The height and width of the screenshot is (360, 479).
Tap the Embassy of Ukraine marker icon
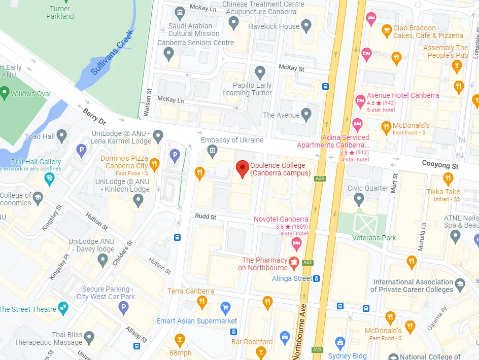tap(213, 150)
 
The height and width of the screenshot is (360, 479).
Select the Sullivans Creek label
tap(112, 53)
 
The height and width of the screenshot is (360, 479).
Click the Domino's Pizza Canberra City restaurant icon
tap(155, 163)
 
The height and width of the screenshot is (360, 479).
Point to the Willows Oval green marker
tap(5, 93)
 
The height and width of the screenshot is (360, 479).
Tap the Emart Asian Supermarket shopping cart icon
tap(226, 307)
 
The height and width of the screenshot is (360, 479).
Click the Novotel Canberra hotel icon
tap(296, 244)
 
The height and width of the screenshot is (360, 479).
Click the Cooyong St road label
tap(440, 166)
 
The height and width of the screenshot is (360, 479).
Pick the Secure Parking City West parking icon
tap(123, 307)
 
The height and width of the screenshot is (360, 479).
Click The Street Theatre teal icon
tap(63, 307)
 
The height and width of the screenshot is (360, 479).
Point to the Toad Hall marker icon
tap(62, 135)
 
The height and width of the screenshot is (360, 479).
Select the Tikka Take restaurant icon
tap(448, 178)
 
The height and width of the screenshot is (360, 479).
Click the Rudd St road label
tap(206, 217)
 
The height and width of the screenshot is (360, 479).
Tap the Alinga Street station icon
tap(316, 278)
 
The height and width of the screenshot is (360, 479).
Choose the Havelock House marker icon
tap(306, 25)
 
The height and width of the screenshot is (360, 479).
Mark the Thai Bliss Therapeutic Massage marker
tap(89, 337)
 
